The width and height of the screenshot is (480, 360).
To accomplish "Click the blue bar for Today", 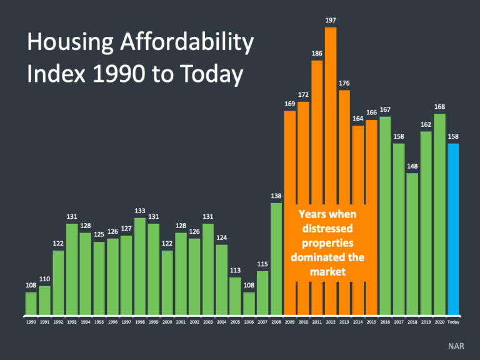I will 453,228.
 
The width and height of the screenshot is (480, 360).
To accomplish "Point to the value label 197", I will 331,21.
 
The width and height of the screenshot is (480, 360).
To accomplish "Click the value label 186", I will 317,54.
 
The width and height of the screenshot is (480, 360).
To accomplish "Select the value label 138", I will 276,196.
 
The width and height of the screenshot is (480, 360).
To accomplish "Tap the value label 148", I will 412,166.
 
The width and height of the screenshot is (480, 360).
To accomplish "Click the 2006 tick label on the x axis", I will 249,322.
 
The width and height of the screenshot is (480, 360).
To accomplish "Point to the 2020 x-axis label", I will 439,322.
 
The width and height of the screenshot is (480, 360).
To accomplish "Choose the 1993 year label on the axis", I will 71,322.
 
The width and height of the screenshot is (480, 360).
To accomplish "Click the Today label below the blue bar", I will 453,322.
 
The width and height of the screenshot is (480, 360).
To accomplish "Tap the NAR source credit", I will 456,345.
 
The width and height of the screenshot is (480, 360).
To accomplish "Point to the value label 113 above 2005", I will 235,271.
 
